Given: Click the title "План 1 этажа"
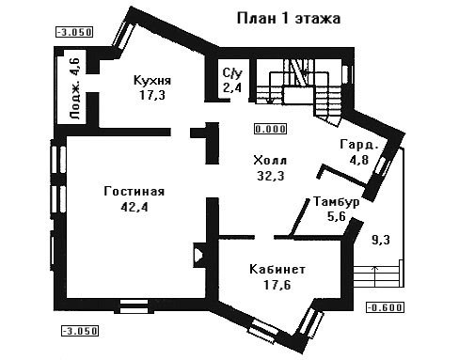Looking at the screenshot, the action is click(x=289, y=18).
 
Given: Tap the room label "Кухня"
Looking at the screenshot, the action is click(x=152, y=80).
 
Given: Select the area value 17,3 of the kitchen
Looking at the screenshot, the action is click(x=152, y=95).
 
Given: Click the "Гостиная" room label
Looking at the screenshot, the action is click(x=135, y=191).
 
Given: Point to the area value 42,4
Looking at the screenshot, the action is click(x=135, y=207).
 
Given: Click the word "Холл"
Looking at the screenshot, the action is click(x=270, y=160).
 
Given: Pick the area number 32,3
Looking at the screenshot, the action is click(x=271, y=176).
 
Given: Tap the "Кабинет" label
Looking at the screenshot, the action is click(x=277, y=269).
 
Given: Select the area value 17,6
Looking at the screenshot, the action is click(x=277, y=285).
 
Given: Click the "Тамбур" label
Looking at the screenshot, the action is click(x=337, y=201).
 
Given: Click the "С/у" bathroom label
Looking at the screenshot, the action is click(x=232, y=73).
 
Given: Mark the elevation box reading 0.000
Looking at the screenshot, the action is click(x=270, y=129).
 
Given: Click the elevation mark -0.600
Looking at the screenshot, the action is click(x=385, y=307).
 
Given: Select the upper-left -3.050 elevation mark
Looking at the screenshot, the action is click(x=74, y=32).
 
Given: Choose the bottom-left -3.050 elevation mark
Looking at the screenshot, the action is click(x=80, y=331).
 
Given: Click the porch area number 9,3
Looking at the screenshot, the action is click(x=381, y=240).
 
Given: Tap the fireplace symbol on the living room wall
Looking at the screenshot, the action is click(x=198, y=256).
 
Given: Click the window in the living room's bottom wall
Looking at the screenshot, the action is click(x=134, y=306).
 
